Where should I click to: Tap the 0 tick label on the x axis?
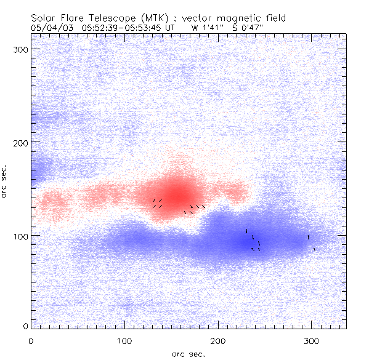coord(31,340)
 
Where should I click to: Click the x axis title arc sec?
coord(188,354)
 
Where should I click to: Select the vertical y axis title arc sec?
coord(6,182)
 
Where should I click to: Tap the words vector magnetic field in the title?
coord(216,18)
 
